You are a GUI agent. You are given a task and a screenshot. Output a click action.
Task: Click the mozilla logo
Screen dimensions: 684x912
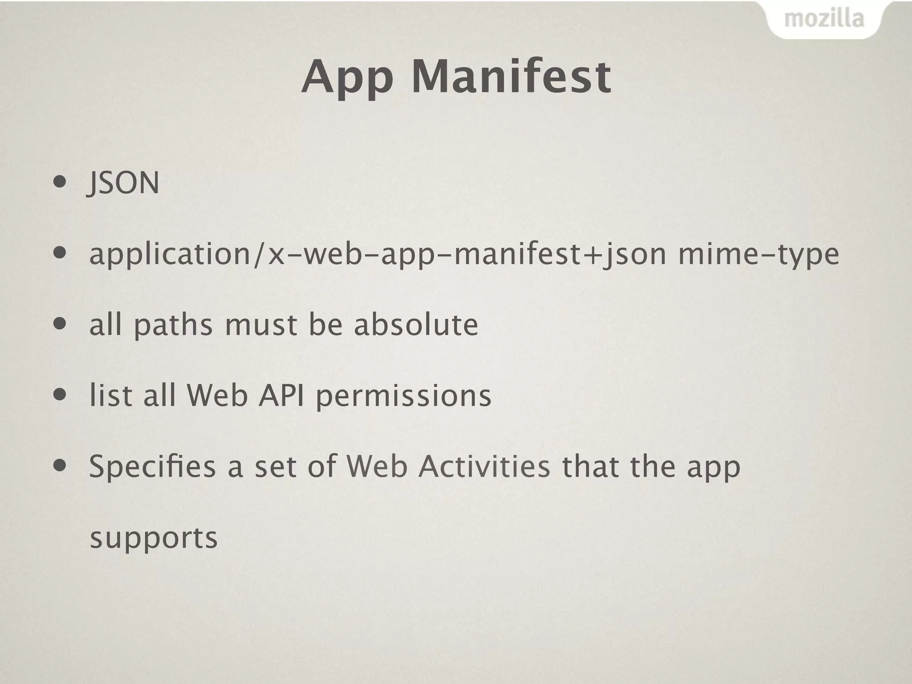pos(824,19)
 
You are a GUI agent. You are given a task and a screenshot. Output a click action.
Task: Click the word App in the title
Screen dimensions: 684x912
pos(347,78)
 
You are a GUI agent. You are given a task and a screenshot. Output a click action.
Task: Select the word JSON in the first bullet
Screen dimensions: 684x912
pos(123,183)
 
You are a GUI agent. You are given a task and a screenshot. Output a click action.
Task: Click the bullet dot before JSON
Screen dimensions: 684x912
pos(60,182)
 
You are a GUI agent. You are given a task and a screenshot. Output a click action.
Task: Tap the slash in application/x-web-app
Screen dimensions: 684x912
pos(258,254)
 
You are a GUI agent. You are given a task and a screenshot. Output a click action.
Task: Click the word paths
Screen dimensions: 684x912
pos(173,325)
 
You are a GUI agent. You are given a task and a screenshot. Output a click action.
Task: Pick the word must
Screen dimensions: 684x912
pos(261,325)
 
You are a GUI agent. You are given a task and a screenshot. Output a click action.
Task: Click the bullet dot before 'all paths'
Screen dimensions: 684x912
pos(60,324)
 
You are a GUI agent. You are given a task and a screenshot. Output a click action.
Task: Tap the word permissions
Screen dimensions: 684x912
pos(403,395)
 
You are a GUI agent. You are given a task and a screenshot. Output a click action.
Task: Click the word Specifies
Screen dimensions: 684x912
pos(152,466)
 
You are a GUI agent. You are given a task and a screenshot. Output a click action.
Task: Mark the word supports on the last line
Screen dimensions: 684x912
pos(154,538)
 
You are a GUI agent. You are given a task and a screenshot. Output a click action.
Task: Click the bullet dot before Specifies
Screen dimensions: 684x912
pos(60,466)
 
